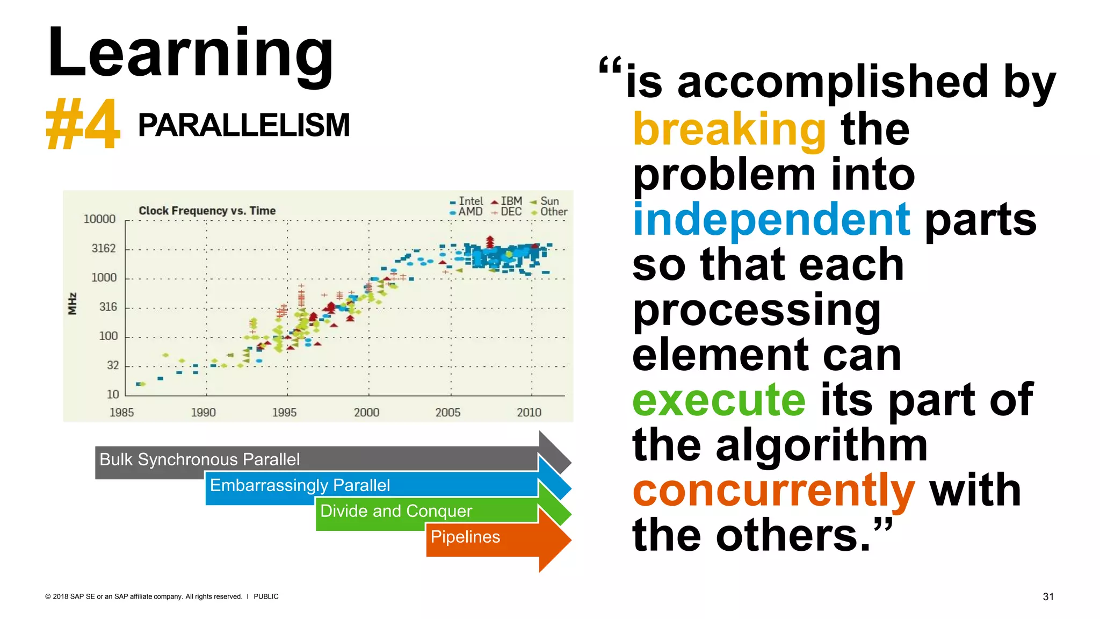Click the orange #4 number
click(x=83, y=125)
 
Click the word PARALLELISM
click(x=244, y=125)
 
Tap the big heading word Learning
click(x=191, y=54)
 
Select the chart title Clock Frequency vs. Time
click(x=207, y=211)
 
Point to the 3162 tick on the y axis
click(x=104, y=248)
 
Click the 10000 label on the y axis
click(x=99, y=219)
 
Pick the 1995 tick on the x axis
click(x=284, y=412)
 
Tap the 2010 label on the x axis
click(x=529, y=412)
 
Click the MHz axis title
click(x=73, y=304)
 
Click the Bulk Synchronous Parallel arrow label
click(x=200, y=459)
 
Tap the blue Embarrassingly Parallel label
click(x=300, y=485)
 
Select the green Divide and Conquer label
click(x=396, y=511)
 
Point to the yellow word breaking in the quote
click(x=729, y=129)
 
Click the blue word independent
click(x=771, y=219)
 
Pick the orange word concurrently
click(x=773, y=491)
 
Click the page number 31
click(x=1048, y=596)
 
